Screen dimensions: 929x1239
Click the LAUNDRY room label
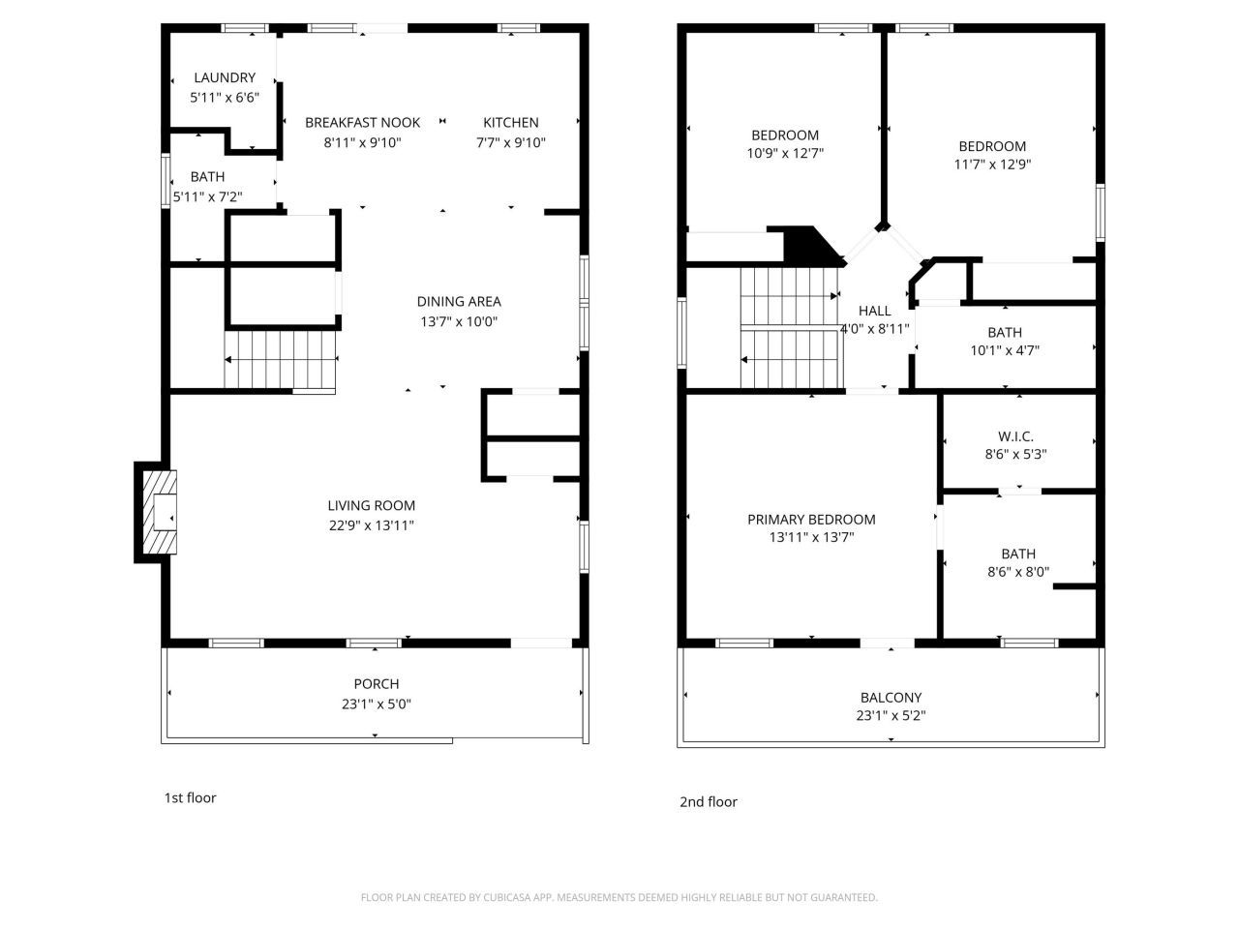click(x=225, y=78)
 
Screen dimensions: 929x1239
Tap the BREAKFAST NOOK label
click(x=362, y=123)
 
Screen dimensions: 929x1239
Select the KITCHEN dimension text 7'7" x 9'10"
click(x=510, y=143)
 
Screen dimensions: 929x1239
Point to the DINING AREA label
click(x=459, y=302)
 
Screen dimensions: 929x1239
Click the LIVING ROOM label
click(x=371, y=505)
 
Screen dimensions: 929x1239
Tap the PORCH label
click(x=377, y=684)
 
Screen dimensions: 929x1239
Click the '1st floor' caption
click(x=190, y=798)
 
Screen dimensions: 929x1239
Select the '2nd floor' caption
click(x=708, y=802)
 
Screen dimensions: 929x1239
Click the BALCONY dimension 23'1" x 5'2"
click(x=891, y=717)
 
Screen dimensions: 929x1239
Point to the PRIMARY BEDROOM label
click(x=811, y=520)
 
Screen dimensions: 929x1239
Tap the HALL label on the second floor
click(x=874, y=311)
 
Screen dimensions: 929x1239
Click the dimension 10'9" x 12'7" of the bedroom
click(x=785, y=154)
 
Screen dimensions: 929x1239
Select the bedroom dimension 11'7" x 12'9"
click(x=992, y=165)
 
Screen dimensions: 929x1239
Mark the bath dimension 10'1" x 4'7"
click(x=1005, y=351)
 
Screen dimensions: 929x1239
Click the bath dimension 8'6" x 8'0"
click(x=1017, y=572)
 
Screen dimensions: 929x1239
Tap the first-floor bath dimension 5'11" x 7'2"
click(x=207, y=197)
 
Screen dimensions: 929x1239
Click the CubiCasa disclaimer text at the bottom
click(x=619, y=898)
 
